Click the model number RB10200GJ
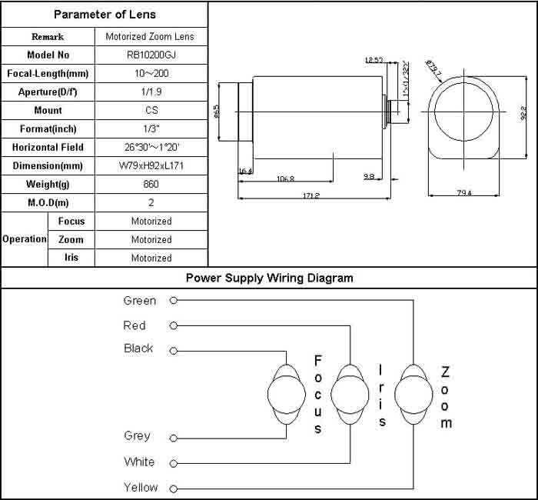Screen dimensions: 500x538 click(x=151, y=55)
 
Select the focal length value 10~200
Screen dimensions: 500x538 click(x=151, y=73)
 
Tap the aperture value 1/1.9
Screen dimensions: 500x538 click(x=151, y=92)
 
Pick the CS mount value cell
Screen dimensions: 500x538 click(x=151, y=110)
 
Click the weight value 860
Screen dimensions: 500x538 click(x=151, y=184)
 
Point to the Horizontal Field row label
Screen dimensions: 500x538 click(x=48, y=147)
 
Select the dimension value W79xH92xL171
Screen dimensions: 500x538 click(x=151, y=165)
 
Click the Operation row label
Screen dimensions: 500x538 click(x=25, y=239)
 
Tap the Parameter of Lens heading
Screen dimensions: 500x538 click(x=104, y=15)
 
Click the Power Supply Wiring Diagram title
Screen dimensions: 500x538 click(x=269, y=278)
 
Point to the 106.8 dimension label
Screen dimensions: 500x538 click(x=284, y=178)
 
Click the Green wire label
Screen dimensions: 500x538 click(x=139, y=301)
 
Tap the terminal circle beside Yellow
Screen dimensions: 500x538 click(x=174, y=488)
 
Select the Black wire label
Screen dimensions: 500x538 click(x=138, y=348)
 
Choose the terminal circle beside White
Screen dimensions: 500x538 click(x=174, y=463)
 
